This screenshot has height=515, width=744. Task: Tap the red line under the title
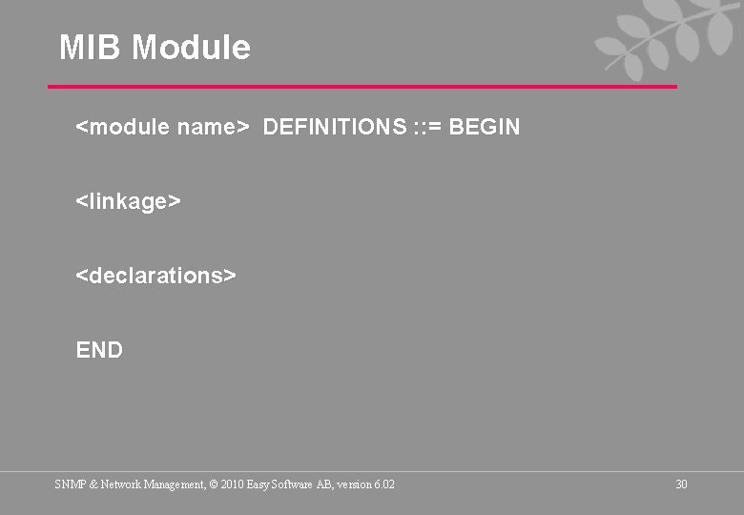pyautogui.click(x=362, y=87)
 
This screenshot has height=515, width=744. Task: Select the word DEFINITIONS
pyautogui.click(x=334, y=127)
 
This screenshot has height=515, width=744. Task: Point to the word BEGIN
pyautogui.click(x=484, y=127)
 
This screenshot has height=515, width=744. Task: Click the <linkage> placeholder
pyautogui.click(x=129, y=201)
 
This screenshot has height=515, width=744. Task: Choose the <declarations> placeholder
pyautogui.click(x=155, y=276)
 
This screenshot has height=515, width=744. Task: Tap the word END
pyautogui.click(x=99, y=350)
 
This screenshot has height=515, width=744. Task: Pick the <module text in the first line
pyautogui.click(x=123, y=127)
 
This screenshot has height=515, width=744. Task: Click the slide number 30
pyautogui.click(x=681, y=484)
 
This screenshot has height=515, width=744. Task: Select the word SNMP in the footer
pyautogui.click(x=69, y=484)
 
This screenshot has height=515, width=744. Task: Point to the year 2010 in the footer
pyautogui.click(x=233, y=484)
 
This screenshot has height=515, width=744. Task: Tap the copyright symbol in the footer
pyautogui.click(x=213, y=484)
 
